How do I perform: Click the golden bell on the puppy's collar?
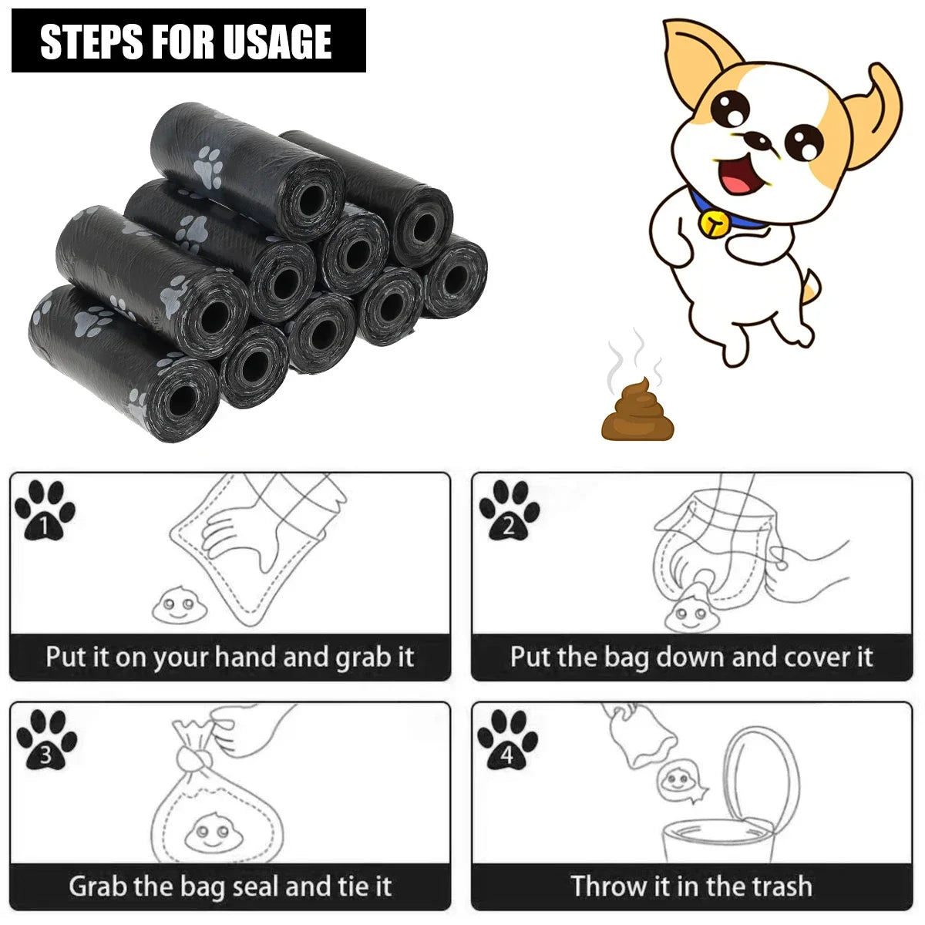pos(714,222)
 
